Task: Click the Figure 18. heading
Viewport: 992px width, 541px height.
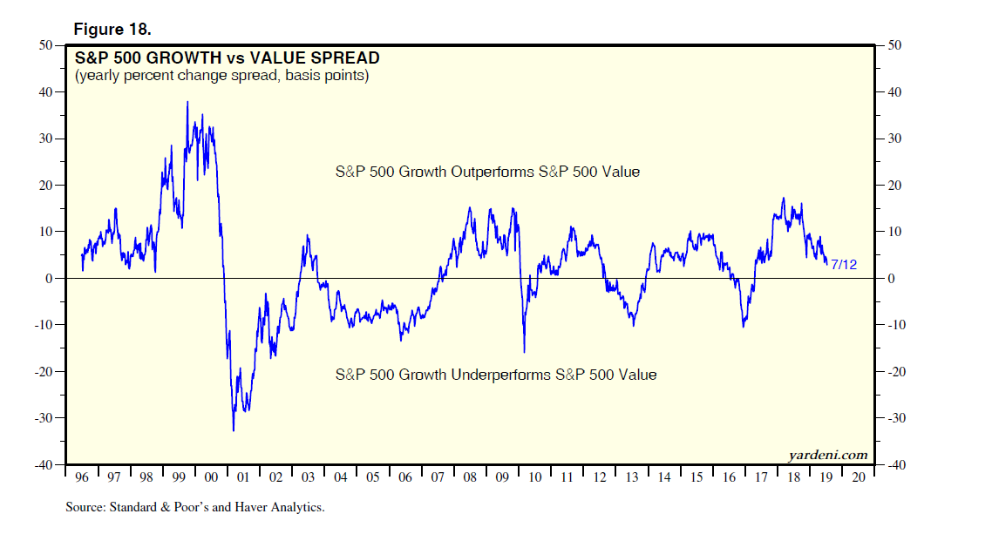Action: click(x=112, y=29)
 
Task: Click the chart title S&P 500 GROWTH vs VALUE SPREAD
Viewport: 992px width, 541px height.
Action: click(x=227, y=58)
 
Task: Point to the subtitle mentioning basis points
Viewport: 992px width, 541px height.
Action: click(x=221, y=77)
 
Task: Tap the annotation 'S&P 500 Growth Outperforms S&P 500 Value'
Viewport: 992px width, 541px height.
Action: click(x=487, y=172)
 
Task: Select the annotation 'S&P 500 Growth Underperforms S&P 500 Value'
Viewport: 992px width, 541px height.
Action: click(x=496, y=375)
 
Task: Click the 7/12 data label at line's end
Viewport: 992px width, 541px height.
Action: click(x=843, y=264)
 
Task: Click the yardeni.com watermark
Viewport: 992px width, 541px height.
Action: click(x=827, y=455)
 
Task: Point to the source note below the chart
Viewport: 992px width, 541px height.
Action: click(x=194, y=506)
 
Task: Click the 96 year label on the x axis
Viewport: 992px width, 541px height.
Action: click(x=81, y=477)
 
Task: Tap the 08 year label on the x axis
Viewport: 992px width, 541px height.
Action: click(x=470, y=477)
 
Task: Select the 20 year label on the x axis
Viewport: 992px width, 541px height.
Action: click(x=860, y=477)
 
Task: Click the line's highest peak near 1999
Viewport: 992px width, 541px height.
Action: click(x=187, y=102)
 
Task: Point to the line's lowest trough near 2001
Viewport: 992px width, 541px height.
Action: click(x=234, y=430)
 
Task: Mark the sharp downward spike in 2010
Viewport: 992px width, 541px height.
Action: click(x=524, y=352)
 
